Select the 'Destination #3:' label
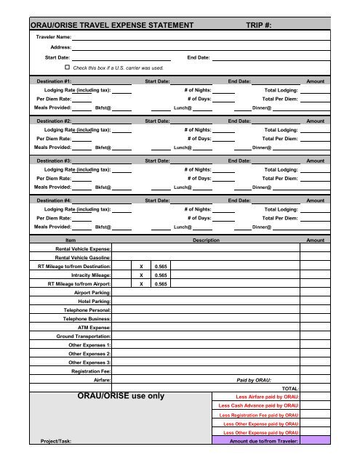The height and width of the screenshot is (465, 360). [x=54, y=160]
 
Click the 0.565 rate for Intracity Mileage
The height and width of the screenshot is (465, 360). [x=161, y=275]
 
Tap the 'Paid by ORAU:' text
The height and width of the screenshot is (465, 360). [x=254, y=380]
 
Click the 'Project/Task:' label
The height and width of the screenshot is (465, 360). [x=55, y=440]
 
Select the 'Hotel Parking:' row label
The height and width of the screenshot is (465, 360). [x=95, y=301]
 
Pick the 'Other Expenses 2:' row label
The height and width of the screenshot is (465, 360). [x=89, y=353]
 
